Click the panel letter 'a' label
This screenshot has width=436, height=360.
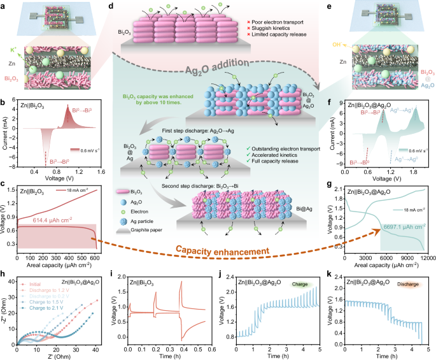(x=4, y=5)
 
